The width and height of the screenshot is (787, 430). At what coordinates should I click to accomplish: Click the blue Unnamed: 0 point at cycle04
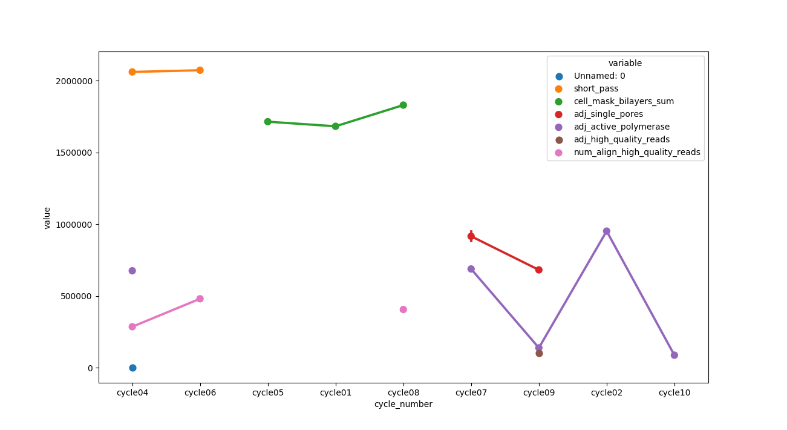tap(132, 368)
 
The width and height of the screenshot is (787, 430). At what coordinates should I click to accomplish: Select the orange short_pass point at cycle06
tap(200, 70)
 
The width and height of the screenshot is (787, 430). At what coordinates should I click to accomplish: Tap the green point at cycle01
tap(335, 126)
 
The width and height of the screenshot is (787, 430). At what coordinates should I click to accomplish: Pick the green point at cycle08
tap(403, 105)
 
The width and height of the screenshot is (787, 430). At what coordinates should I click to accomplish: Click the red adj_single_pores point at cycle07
tap(471, 236)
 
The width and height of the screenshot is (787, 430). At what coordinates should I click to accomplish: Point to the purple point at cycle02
tap(606, 231)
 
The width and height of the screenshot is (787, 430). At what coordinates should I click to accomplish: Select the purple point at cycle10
tap(674, 355)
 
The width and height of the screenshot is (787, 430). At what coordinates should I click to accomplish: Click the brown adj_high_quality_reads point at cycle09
tap(539, 353)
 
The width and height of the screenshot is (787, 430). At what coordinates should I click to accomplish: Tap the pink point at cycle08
tap(403, 309)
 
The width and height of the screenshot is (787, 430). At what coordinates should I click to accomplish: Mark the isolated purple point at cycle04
tap(132, 271)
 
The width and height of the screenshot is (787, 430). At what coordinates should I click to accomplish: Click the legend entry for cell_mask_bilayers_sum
tap(624, 102)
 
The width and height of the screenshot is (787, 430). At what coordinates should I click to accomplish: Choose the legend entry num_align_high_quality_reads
tap(636, 153)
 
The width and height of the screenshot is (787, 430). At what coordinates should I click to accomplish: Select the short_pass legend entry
tap(596, 89)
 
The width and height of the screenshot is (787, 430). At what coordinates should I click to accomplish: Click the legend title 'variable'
tap(625, 63)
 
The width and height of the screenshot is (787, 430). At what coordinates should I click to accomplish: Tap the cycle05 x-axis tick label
tap(267, 392)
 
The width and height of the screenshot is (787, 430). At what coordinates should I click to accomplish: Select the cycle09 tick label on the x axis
tap(538, 392)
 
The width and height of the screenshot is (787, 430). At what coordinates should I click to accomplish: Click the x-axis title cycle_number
tap(403, 404)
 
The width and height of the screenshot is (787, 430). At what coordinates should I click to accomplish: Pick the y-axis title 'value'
tap(47, 217)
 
